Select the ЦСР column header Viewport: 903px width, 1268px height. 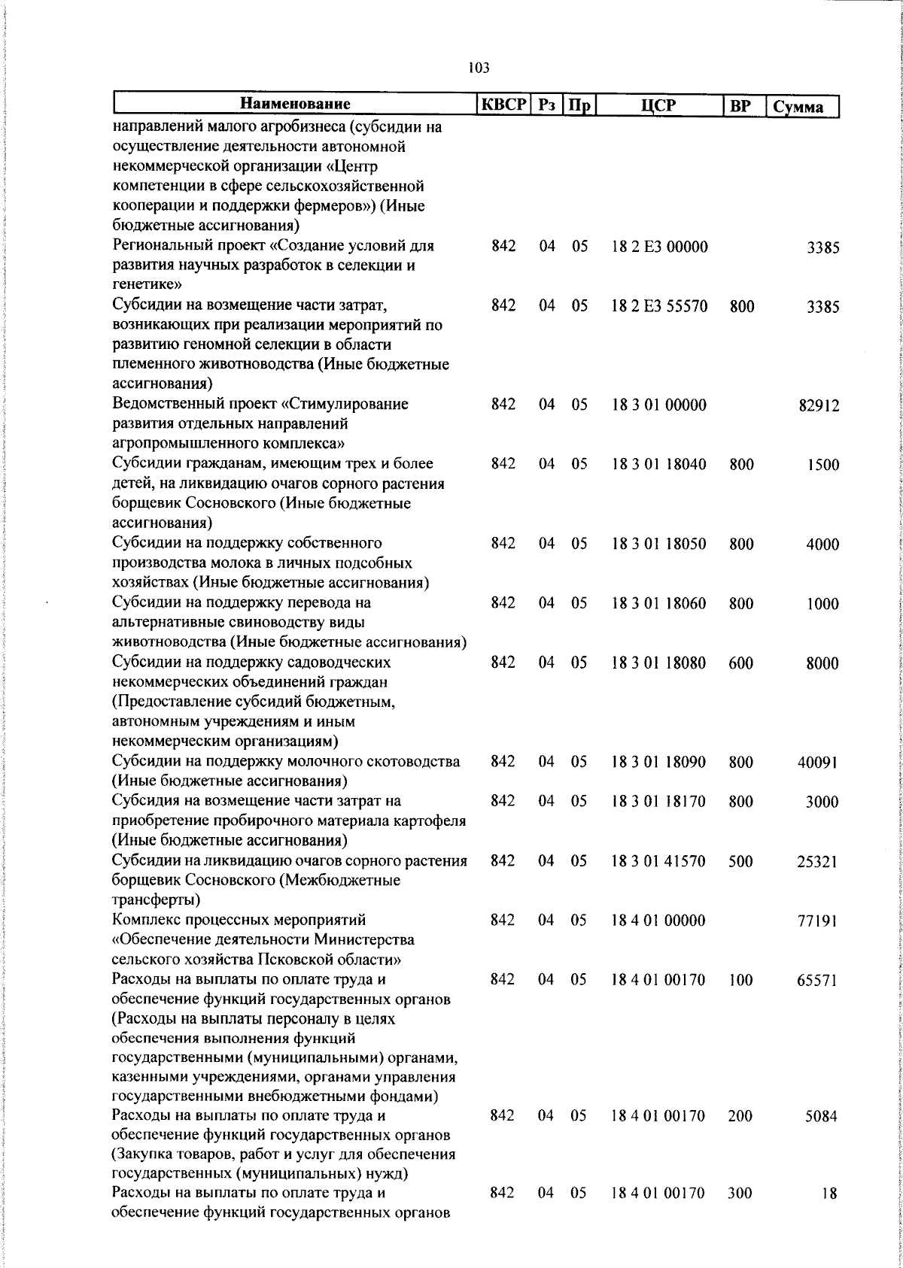point(658,106)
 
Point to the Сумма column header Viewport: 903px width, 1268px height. point(802,107)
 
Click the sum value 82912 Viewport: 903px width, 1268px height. point(819,406)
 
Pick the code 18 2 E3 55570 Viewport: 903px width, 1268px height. point(659,306)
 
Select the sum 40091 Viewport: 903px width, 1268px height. point(818,763)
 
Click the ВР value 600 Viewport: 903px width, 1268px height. point(741,663)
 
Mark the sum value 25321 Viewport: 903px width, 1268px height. point(818,862)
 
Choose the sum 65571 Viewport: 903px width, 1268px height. point(818,981)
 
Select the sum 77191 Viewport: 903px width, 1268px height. point(818,921)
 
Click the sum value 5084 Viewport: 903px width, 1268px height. point(822,1116)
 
